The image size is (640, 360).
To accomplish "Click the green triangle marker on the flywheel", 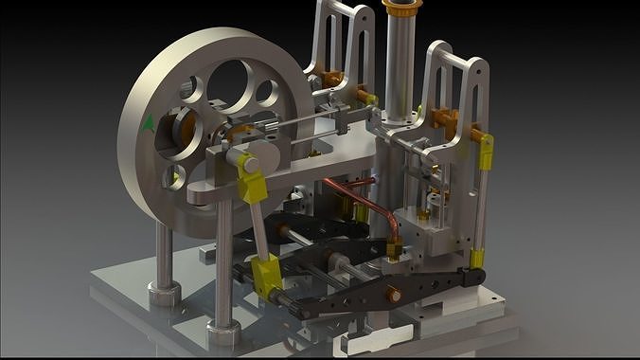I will [148, 121].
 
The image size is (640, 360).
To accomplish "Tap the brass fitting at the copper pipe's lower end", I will [392, 251].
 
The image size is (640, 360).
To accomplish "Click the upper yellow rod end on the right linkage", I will [487, 148].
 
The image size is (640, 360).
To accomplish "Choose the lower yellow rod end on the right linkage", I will [478, 259].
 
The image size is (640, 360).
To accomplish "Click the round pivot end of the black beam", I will [471, 276].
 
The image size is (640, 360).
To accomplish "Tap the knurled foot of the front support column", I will [222, 333].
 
